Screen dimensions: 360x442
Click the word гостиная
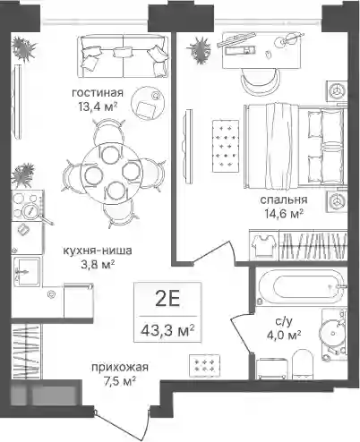98,93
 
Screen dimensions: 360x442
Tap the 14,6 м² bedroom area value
284,213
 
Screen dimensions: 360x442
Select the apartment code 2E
167,300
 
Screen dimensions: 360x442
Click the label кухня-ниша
98,251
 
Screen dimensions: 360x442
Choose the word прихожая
120,367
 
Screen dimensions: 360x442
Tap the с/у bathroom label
284,321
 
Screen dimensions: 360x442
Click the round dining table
113,174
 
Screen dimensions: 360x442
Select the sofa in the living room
124,55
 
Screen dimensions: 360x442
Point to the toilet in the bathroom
302,364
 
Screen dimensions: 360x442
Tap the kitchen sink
27,271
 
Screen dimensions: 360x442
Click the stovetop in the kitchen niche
27,205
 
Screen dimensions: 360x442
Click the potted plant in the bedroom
199,50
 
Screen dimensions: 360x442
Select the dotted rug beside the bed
226,146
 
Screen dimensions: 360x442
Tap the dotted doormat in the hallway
204,365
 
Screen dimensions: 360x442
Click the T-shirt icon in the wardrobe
263,245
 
